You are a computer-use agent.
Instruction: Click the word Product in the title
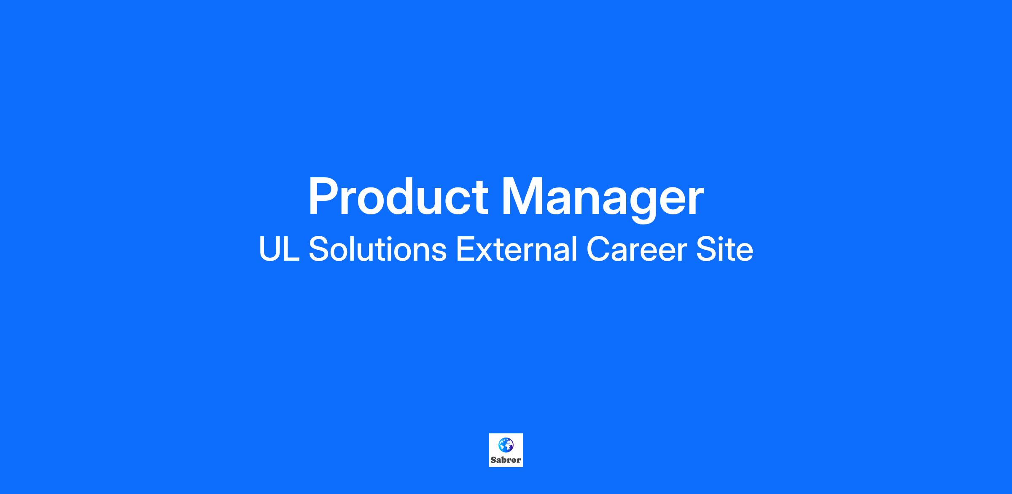[398, 196]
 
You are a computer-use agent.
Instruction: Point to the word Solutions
[377, 249]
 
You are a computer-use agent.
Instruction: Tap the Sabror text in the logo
[506, 460]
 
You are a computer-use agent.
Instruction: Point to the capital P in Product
[323, 196]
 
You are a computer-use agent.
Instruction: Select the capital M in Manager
[521, 196]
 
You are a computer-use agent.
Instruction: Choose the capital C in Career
[598, 249]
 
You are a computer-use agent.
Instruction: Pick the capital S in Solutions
[319, 249]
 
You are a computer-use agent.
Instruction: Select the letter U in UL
[269, 249]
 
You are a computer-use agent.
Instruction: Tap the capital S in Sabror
[493, 460]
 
